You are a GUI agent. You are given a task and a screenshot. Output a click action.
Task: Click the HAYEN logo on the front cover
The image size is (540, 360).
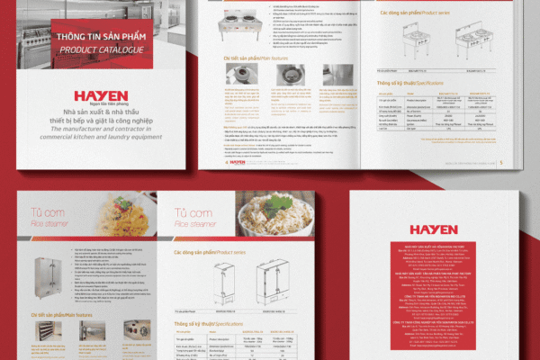101,95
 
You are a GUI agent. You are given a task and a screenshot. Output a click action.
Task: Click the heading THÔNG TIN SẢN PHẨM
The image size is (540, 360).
101,37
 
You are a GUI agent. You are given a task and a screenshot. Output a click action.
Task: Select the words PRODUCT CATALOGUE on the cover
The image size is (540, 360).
101,49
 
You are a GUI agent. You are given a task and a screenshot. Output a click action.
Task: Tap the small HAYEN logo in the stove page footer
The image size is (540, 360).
237,162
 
